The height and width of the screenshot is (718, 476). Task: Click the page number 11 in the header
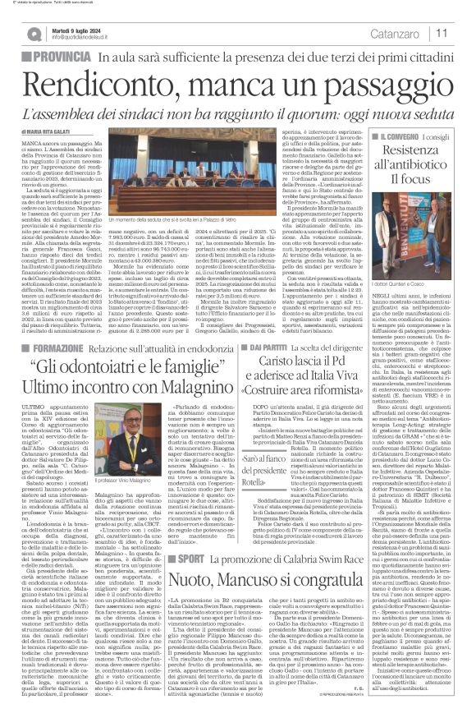click(x=441, y=34)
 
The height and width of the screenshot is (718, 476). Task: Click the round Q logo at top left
click(x=34, y=33)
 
